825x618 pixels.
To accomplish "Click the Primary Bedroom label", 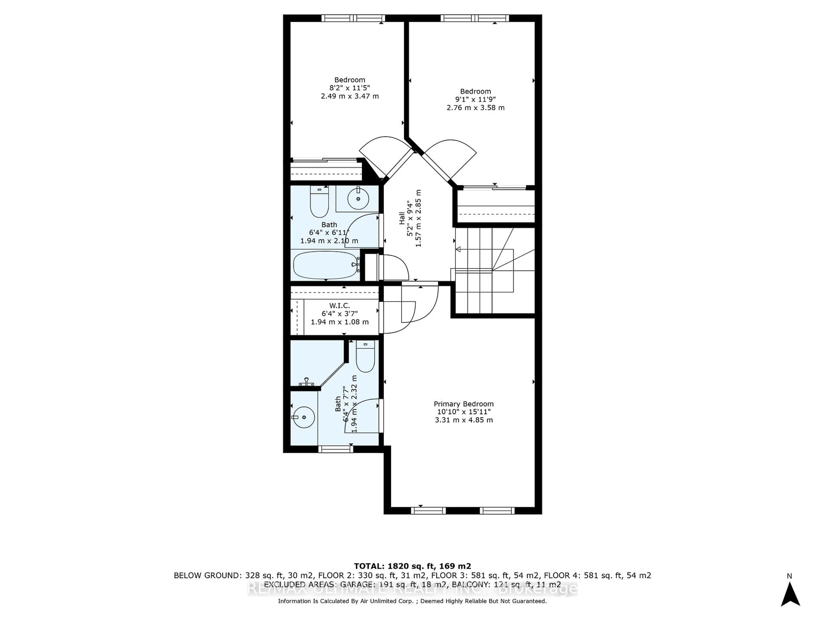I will tap(464, 404).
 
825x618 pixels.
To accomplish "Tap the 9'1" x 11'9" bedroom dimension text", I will tap(475, 100).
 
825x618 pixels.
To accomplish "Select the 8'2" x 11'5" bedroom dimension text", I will tap(350, 88).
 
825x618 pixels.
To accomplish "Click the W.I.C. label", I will tap(339, 306).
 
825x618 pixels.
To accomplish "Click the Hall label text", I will tap(402, 218).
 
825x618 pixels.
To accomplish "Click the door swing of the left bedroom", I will tap(386, 154).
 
